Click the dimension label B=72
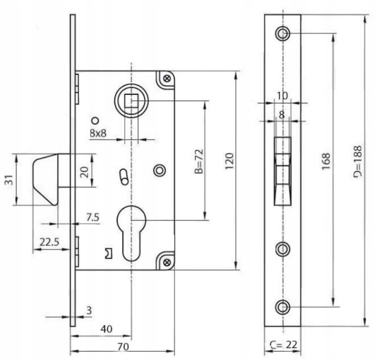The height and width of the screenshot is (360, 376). [x=199, y=161]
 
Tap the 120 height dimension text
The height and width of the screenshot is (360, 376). [x=230, y=161]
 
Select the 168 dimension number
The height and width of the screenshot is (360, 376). [x=326, y=161]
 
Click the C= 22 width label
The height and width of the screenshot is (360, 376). [x=284, y=345]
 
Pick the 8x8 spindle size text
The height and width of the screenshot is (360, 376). [x=98, y=133]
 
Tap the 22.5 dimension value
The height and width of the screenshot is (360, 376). [x=49, y=242]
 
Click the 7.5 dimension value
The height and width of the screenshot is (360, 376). [x=93, y=217]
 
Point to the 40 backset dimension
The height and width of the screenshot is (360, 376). [x=106, y=329]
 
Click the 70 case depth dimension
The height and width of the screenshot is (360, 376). [x=123, y=346]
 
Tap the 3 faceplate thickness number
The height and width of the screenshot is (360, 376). [x=89, y=310]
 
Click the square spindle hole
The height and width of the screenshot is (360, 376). [x=131, y=100]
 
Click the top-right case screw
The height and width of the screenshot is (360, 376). [x=167, y=78]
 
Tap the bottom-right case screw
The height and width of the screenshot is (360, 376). [x=167, y=262]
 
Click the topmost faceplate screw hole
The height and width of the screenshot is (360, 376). [x=283, y=33]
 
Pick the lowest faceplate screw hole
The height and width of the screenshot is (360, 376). [x=283, y=307]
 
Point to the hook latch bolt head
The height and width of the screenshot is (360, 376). [x=46, y=179]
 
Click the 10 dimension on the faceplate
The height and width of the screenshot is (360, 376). [x=282, y=96]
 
